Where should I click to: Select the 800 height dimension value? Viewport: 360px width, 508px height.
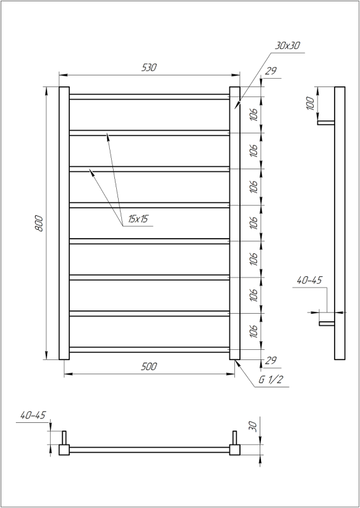tap(39, 224)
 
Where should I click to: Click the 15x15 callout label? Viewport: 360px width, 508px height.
tap(137, 219)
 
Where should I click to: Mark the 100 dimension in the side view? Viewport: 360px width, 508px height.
tap(310, 104)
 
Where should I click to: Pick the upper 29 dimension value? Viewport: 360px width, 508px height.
tap(270, 71)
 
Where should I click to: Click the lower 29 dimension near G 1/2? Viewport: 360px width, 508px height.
tap(270, 361)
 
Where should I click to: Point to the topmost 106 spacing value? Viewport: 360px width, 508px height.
tap(253, 115)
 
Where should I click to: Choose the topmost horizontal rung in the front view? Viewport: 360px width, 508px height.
tap(149, 97)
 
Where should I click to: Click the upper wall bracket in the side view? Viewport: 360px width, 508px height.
tap(326, 123)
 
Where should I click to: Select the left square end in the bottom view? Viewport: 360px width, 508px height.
tap(64, 450)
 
